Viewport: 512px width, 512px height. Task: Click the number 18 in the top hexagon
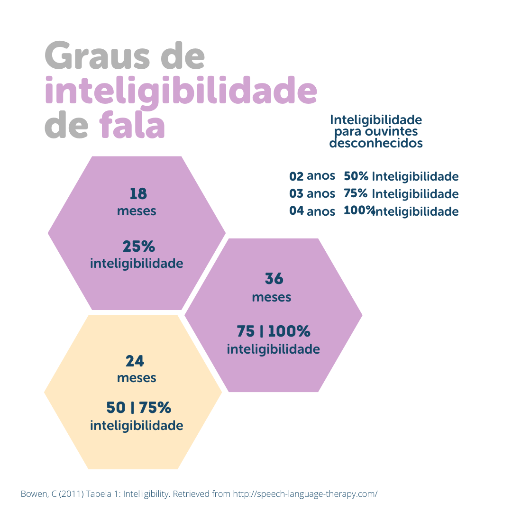[138, 194]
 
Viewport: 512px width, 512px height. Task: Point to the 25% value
[138, 247]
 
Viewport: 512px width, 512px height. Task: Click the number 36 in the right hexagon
[274, 279]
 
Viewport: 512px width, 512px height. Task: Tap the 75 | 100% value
[273, 330]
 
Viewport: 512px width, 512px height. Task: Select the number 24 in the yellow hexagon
[135, 361]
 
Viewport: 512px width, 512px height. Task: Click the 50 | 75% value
[138, 407]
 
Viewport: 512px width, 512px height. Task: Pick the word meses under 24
[137, 378]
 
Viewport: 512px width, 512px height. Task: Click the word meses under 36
[272, 297]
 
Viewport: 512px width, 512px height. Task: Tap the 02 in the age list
[296, 176]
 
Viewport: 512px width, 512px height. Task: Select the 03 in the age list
[296, 193]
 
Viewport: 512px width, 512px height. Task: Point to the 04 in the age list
[296, 210]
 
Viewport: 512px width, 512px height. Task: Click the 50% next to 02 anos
[356, 176]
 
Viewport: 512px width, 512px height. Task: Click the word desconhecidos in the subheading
[376, 143]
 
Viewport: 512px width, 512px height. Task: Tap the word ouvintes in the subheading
[394, 131]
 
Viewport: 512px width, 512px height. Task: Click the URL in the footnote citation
[305, 494]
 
